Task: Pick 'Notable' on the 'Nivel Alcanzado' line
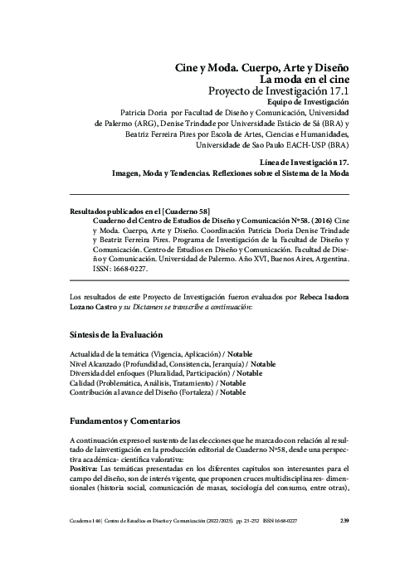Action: point(264,363)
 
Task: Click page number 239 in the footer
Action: point(344,544)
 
